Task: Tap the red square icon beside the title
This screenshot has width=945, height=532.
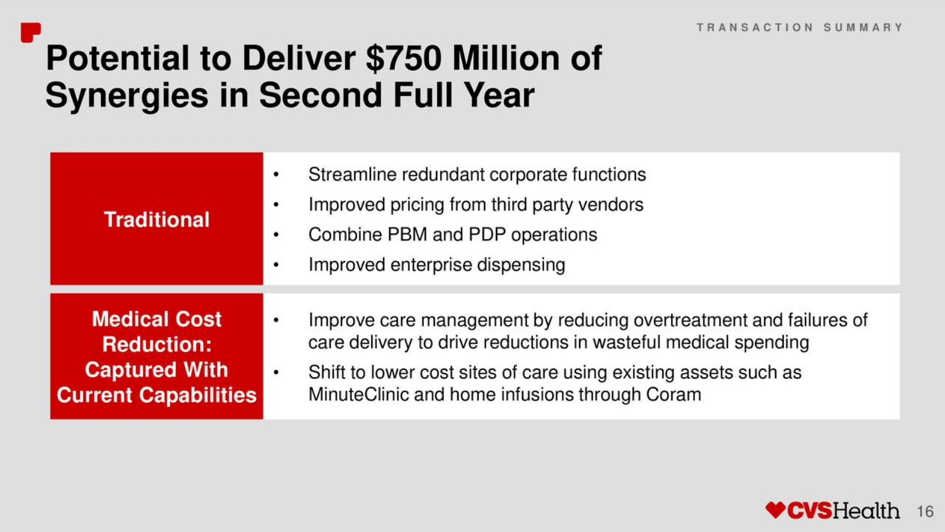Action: [x=31, y=33]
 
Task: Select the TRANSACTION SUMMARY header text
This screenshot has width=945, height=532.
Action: [x=799, y=27]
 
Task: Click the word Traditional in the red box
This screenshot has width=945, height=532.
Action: [x=157, y=219]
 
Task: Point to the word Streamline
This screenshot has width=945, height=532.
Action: [x=353, y=174]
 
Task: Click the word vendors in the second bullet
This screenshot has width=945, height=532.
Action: [x=611, y=205]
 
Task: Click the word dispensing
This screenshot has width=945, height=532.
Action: [x=521, y=265]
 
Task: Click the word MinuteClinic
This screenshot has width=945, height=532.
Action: [x=358, y=394]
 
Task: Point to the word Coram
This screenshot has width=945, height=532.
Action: [x=674, y=394]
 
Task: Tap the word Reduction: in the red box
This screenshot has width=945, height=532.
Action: [x=157, y=344]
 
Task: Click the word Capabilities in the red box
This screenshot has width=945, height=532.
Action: [x=197, y=395]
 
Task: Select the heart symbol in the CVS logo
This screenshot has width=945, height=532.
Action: [x=775, y=509]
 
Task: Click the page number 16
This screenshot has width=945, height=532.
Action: [x=925, y=511]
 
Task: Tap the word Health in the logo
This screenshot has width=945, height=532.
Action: [x=865, y=511]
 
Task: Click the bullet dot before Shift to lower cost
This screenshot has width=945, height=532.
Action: [x=276, y=372]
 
